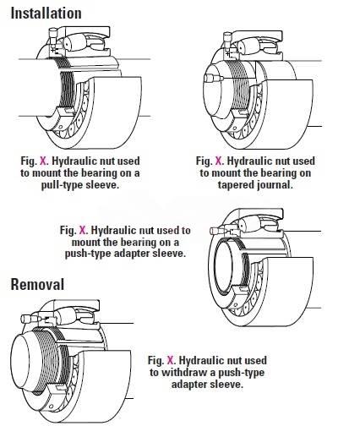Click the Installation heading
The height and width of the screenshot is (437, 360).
click(46, 14)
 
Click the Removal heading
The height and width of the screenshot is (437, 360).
click(37, 284)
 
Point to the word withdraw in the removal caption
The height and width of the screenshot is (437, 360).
click(185, 372)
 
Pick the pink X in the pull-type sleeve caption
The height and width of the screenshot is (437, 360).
click(44, 161)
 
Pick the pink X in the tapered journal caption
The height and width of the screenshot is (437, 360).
click(219, 161)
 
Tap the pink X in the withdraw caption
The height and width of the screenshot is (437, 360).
click(171, 360)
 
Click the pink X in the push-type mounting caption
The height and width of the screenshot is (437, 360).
click(83, 230)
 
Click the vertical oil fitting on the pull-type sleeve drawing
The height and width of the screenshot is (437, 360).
click(53, 36)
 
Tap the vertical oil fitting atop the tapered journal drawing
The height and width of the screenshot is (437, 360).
click(227, 41)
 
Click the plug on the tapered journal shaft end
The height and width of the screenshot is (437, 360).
click(213, 78)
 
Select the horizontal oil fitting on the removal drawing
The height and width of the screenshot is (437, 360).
click(30, 319)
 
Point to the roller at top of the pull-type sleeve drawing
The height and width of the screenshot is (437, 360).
click(74, 43)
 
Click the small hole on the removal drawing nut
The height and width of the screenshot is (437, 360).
click(52, 407)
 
